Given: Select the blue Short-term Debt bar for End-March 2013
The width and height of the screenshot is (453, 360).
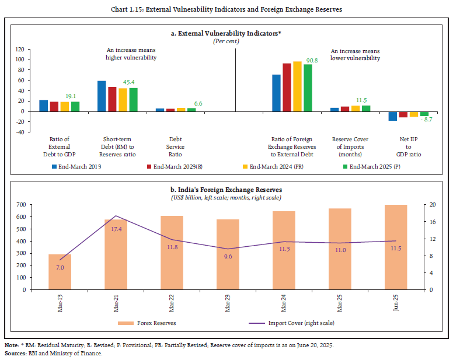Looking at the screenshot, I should point(102,96).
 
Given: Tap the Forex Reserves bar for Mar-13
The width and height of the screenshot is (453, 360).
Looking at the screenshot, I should point(60,272).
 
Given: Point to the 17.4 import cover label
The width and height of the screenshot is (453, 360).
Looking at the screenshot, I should point(116,229).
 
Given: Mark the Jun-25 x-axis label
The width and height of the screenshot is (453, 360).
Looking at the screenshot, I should point(396,303).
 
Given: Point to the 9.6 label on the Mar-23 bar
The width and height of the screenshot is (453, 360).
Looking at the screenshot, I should point(228,255).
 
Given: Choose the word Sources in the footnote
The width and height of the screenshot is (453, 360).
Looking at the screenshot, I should point(15,354).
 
